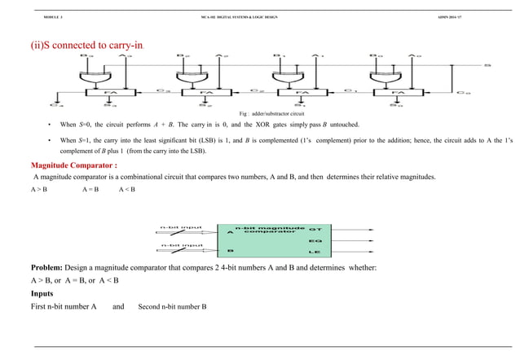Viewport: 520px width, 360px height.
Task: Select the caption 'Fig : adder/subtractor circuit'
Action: [x=276, y=113]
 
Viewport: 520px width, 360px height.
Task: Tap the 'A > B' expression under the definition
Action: [x=37, y=190]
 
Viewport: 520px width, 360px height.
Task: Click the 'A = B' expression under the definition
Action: [x=90, y=190]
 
